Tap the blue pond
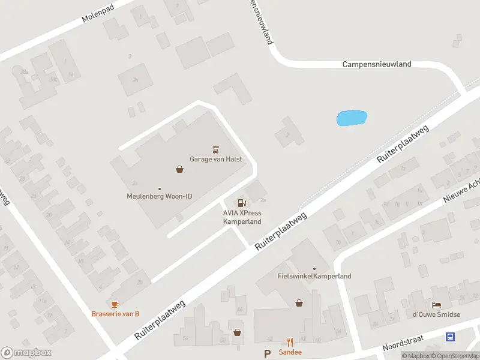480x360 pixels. [352, 118]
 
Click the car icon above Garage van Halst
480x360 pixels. [215, 148]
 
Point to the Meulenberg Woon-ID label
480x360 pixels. [159, 196]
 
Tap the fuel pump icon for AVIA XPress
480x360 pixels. [242, 203]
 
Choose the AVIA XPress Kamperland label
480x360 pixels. [242, 217]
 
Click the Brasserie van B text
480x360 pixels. [115, 314]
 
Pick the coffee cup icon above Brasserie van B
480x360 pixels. [115, 304]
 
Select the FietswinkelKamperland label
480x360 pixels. [314, 276]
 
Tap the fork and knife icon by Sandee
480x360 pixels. [290, 342]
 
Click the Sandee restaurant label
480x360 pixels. [290, 352]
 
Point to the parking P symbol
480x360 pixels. [268, 353]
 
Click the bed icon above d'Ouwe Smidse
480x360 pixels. [436, 305]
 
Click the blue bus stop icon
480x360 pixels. [450, 337]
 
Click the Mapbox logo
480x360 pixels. [26, 353]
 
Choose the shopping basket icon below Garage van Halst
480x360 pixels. [179, 170]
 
